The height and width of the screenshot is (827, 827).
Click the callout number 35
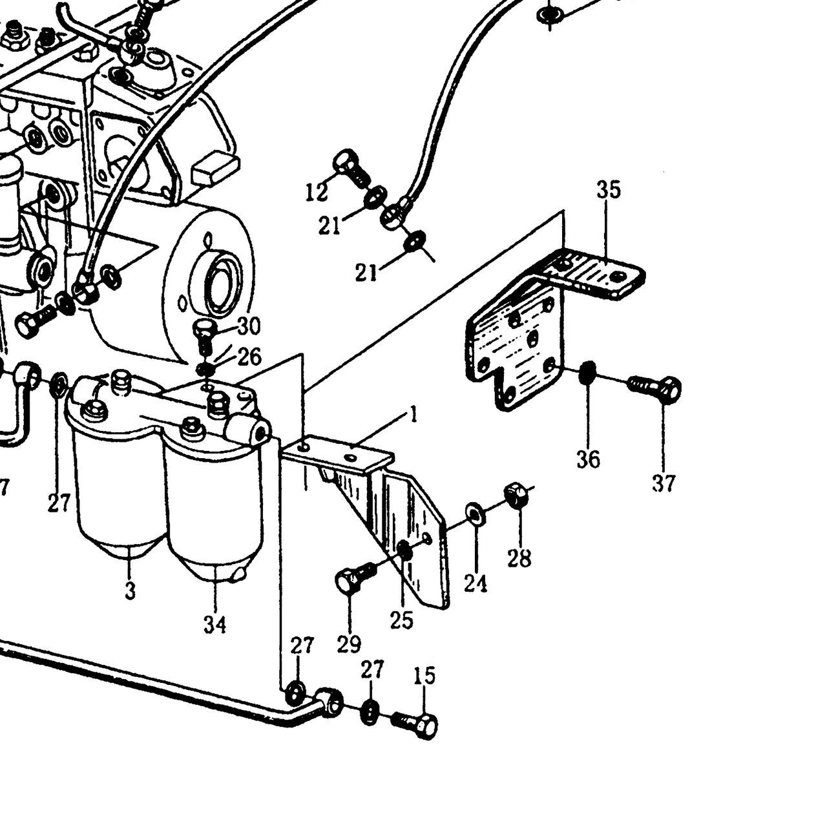(x=609, y=190)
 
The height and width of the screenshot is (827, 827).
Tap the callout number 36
(x=588, y=459)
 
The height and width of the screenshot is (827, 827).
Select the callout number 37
(x=664, y=483)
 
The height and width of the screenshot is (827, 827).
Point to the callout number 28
(x=519, y=558)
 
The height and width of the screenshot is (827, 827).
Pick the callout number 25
(x=402, y=620)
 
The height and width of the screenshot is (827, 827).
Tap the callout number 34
(x=215, y=625)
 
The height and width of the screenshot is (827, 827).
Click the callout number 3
(x=130, y=591)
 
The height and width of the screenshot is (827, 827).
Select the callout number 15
(x=424, y=676)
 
